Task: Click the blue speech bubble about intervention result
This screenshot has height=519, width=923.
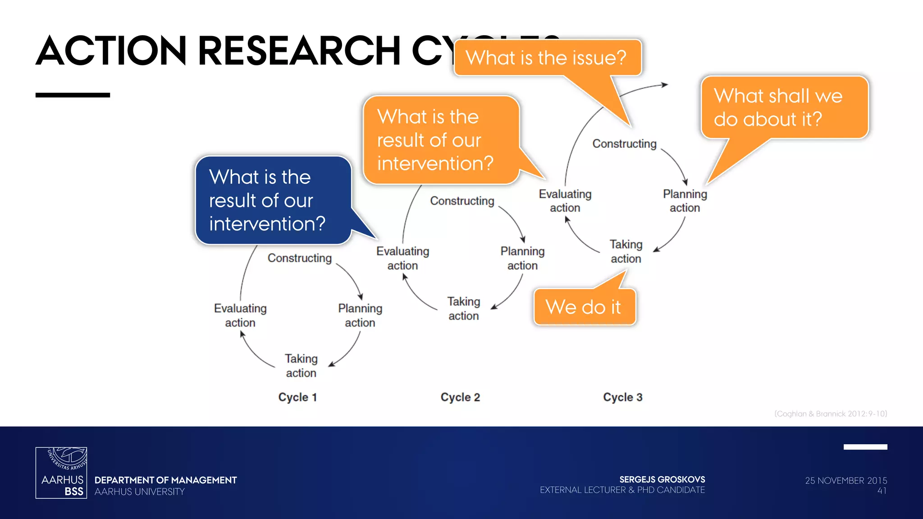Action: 273,200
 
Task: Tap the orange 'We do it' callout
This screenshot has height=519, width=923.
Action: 584,307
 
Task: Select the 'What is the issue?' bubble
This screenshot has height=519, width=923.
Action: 547,58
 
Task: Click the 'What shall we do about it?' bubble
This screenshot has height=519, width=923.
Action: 784,107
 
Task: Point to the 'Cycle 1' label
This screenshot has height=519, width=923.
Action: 297,397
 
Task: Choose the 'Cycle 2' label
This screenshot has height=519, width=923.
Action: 460,397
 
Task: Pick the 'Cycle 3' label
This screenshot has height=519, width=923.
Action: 623,397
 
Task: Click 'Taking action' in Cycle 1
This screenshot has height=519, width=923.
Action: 301,366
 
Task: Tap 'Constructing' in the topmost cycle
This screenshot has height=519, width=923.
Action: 624,144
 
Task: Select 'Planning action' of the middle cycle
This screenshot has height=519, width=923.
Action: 522,258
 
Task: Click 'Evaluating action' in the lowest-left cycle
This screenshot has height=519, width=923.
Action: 240,315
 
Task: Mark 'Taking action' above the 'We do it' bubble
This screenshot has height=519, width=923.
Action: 626,251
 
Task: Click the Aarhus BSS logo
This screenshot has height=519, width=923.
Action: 61,473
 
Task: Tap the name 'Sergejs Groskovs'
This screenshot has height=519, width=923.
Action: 662,479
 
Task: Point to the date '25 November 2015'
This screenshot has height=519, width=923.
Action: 846,481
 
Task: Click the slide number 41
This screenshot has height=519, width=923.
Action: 882,491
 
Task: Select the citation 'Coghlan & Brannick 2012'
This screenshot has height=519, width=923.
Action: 831,414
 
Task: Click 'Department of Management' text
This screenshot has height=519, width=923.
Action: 165,480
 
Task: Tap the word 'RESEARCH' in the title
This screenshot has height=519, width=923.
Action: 299,50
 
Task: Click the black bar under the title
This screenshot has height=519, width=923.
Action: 73,95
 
